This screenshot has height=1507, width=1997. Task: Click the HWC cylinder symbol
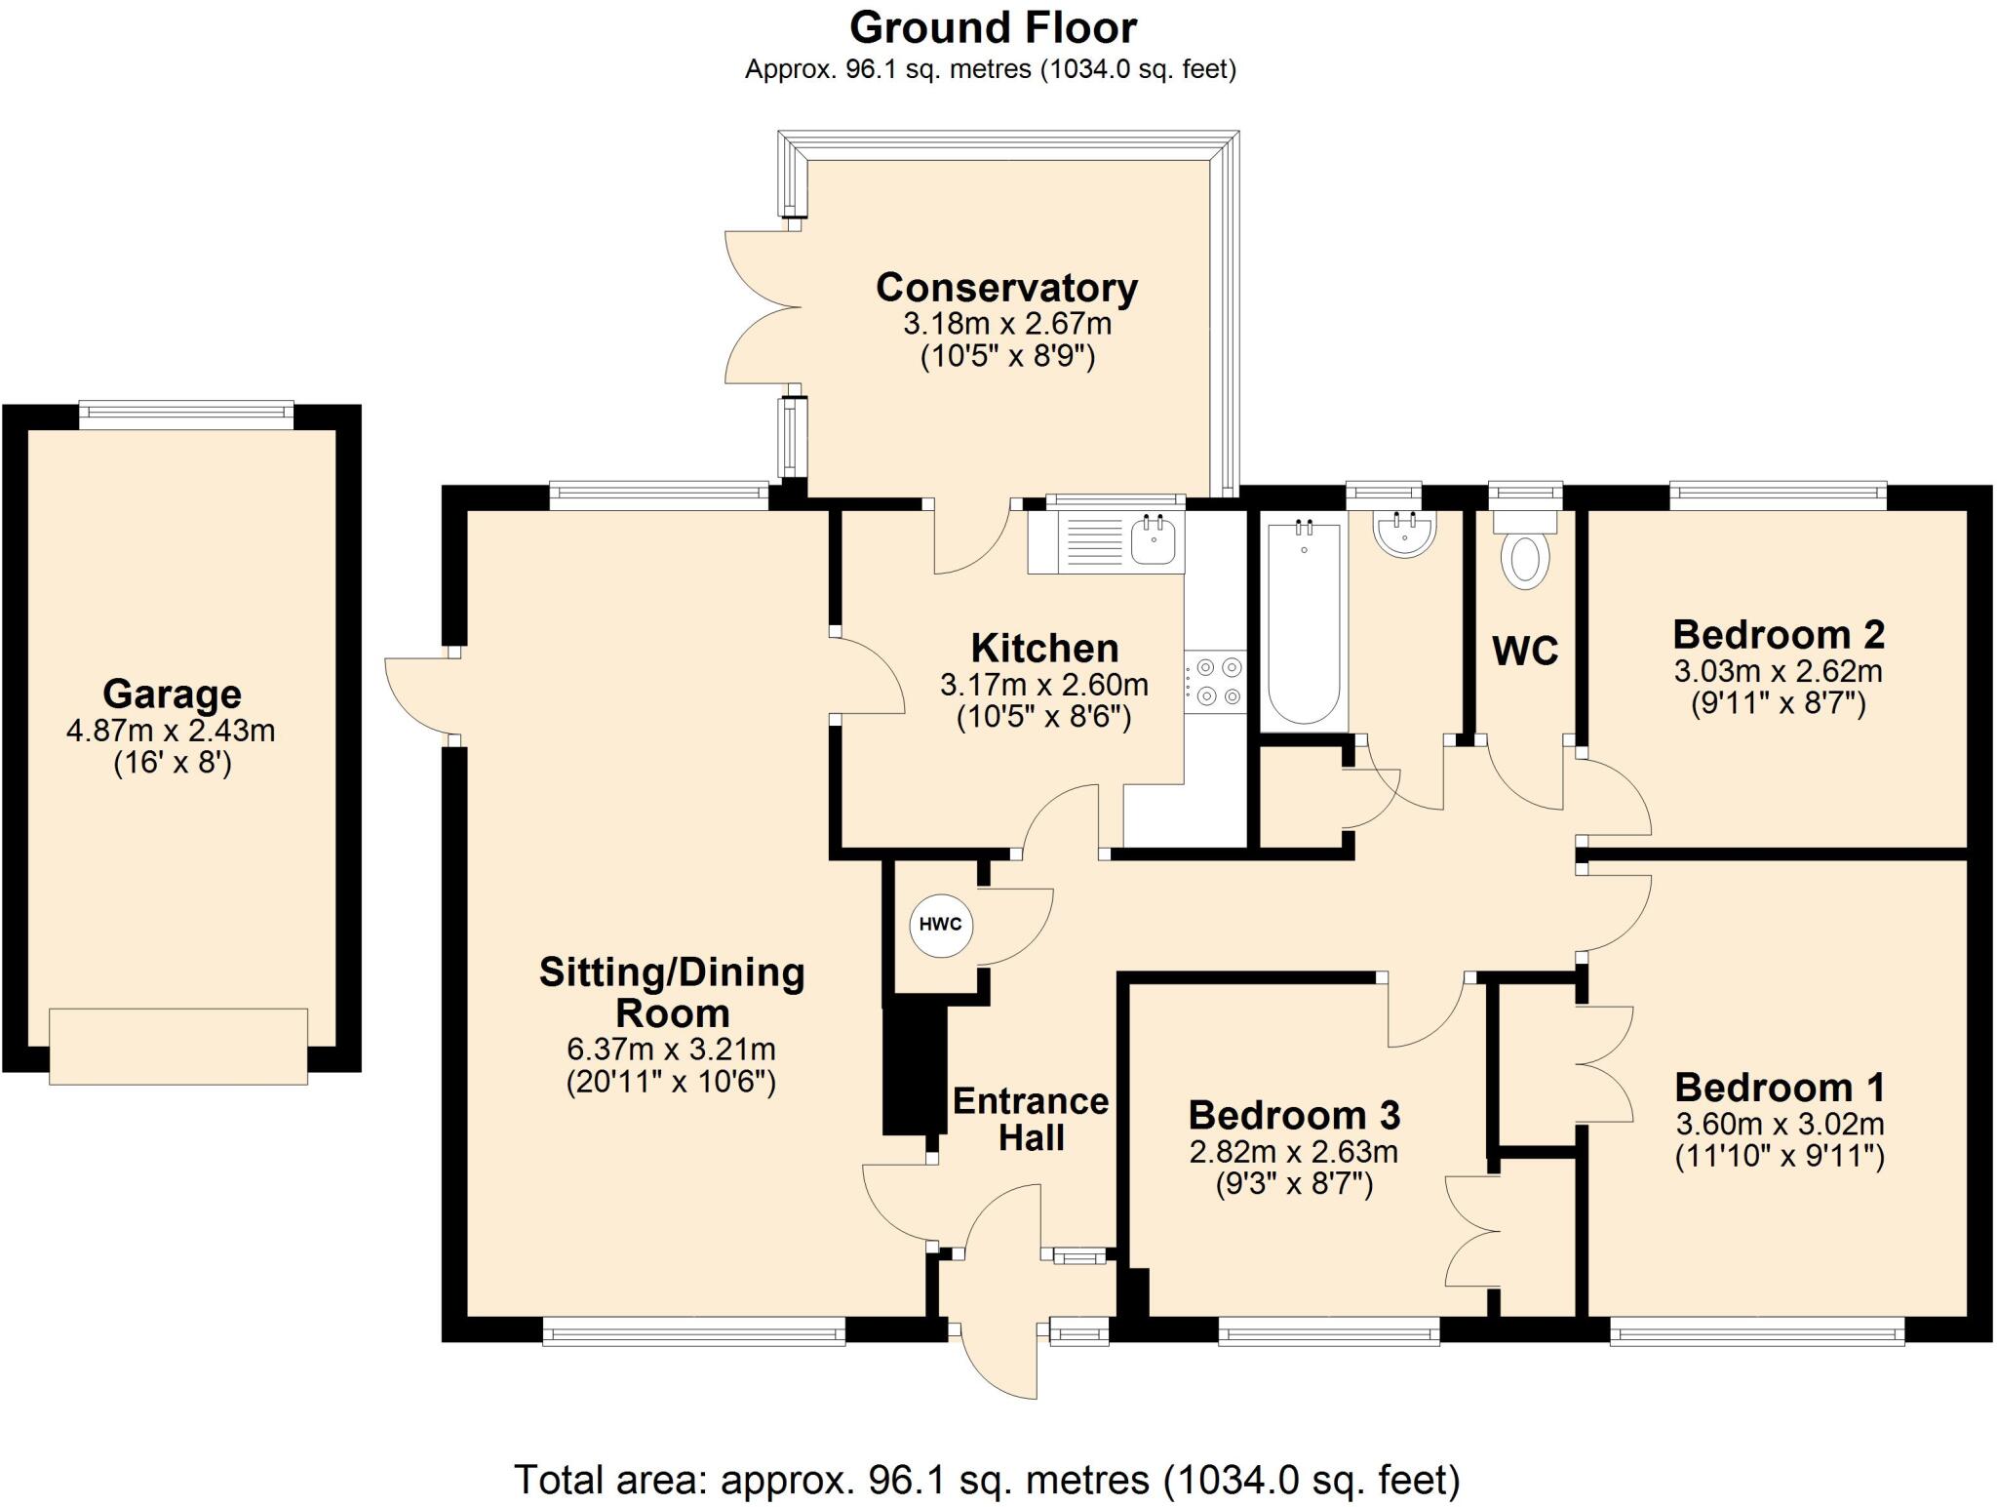pyautogui.click(x=940, y=925)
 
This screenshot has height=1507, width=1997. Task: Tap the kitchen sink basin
pyautogui.click(x=1155, y=538)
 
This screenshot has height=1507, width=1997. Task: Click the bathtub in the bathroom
pyautogui.click(x=1304, y=624)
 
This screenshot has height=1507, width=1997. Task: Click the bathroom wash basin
pyautogui.click(x=1404, y=534)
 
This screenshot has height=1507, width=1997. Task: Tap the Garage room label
pyautogui.click(x=172, y=694)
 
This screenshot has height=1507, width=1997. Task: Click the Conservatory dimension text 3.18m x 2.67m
pyautogui.click(x=1006, y=323)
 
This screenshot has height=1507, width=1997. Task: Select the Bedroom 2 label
pyautogui.click(x=1778, y=634)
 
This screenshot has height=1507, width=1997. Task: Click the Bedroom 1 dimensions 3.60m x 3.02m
pyautogui.click(x=1780, y=1124)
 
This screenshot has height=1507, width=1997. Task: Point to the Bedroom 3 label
pyautogui.click(x=1294, y=1114)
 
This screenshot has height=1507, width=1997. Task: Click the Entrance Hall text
pyautogui.click(x=1031, y=1119)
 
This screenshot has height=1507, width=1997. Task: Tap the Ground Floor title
pyautogui.click(x=993, y=27)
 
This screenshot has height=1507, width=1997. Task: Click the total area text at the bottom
pyautogui.click(x=987, y=1480)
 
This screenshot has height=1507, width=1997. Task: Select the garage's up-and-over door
pyautogui.click(x=178, y=1046)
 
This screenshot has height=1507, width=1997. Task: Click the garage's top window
pyautogui.click(x=185, y=415)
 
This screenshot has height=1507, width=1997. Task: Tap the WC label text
pyautogui.click(x=1525, y=651)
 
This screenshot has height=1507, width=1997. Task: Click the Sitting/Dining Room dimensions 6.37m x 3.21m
pyautogui.click(x=671, y=1050)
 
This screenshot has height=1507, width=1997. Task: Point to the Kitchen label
pyautogui.click(x=1044, y=649)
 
